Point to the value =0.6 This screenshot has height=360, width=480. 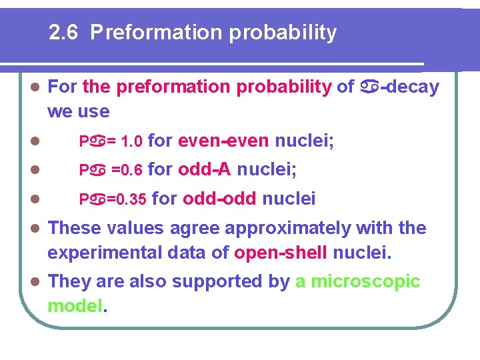pyautogui.click(x=127, y=170)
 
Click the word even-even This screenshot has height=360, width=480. pyautogui.click(x=224, y=141)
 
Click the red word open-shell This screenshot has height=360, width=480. pyautogui.click(x=281, y=253)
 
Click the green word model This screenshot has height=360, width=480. pyautogui.click(x=73, y=306)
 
